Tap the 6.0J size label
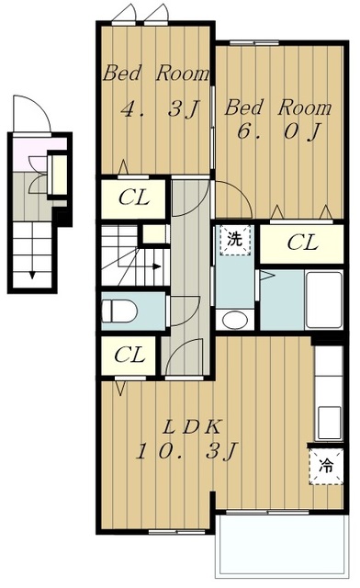273,130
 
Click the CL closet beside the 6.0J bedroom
302,243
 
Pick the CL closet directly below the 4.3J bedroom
133,197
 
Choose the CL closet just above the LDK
132,356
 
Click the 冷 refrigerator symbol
324,464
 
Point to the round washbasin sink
235,320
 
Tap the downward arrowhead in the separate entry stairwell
32,273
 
